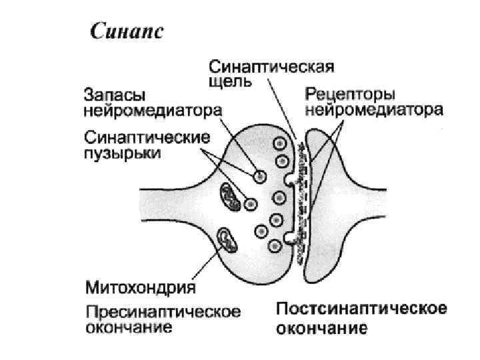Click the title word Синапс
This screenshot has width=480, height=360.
click(x=126, y=31)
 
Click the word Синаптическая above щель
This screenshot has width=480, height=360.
click(x=272, y=67)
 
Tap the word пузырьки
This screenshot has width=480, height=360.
click(x=123, y=153)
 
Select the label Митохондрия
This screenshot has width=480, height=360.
click(x=141, y=287)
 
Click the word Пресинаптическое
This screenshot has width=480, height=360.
click(x=163, y=312)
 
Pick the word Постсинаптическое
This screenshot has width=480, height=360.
click(x=361, y=309)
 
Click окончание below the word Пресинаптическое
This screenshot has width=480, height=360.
click(x=129, y=327)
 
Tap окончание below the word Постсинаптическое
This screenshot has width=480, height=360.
click(x=321, y=328)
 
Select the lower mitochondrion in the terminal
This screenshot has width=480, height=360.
click(x=227, y=240)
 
